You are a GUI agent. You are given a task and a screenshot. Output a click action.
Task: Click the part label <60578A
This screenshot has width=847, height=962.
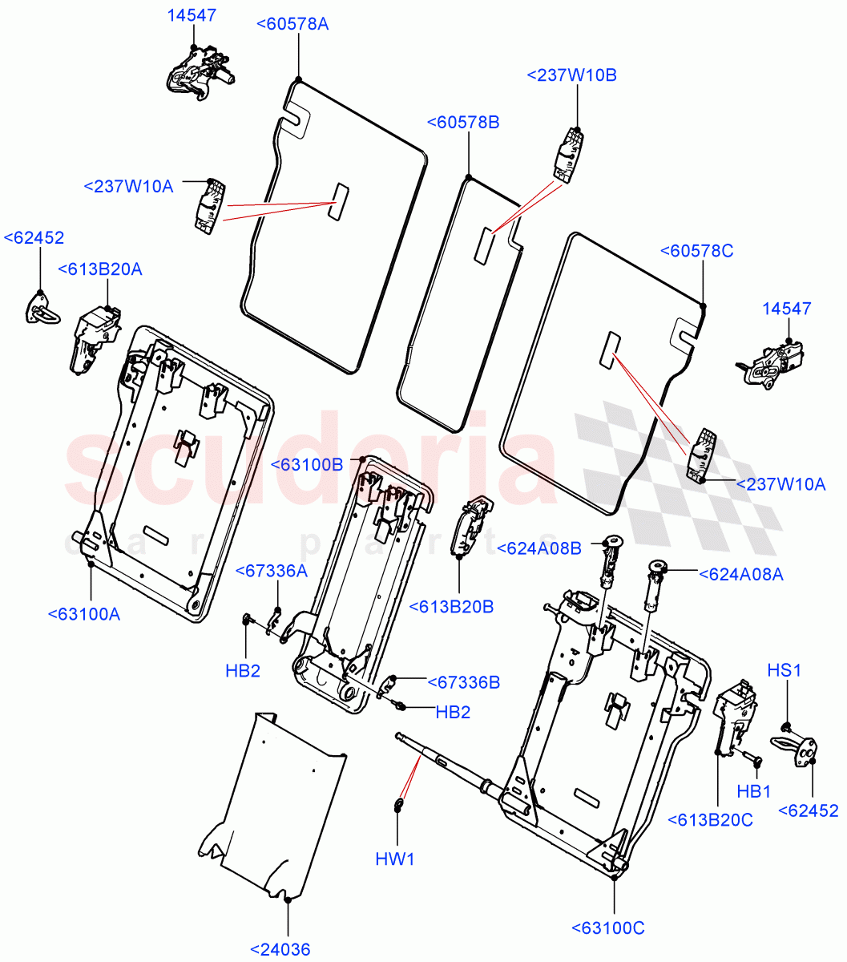(292, 24)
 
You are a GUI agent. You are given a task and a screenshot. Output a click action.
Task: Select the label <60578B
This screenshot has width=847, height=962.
(463, 123)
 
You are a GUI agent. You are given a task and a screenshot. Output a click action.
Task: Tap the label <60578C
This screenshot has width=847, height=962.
(696, 251)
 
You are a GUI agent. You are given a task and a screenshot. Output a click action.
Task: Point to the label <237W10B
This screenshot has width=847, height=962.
(572, 75)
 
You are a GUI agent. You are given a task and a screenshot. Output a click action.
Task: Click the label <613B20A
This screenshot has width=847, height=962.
(100, 269)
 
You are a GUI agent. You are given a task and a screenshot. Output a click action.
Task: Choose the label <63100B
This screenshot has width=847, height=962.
(307, 464)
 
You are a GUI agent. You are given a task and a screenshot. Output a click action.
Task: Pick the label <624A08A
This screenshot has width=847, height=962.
(740, 574)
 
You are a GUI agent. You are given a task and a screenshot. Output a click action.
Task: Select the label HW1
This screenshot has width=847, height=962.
(395, 859)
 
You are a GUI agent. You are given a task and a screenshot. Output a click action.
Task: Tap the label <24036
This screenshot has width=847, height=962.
(280, 950)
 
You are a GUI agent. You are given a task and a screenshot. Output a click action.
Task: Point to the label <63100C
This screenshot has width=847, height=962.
(608, 928)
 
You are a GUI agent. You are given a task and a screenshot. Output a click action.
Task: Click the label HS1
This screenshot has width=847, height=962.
(784, 670)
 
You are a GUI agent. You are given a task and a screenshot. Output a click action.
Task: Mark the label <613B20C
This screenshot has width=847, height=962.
(711, 819)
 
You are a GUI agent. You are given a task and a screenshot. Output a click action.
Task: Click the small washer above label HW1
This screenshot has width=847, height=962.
(398, 804)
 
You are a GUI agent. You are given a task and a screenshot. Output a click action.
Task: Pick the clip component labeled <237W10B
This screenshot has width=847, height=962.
(569, 154)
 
